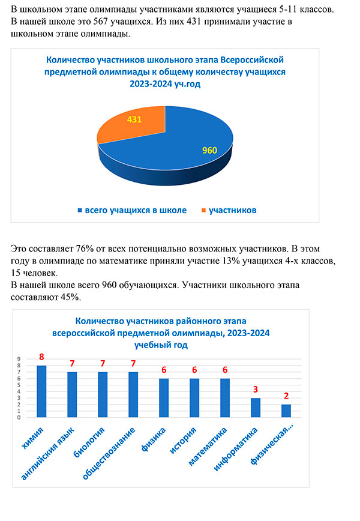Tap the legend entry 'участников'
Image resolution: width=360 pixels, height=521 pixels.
click(229, 210)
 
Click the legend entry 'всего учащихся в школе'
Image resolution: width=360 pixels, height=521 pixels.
click(132, 210)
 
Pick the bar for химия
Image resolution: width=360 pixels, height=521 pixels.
click(41, 391)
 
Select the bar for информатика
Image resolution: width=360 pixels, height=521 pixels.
click(256, 408)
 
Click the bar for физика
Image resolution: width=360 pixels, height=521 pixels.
click(164, 398)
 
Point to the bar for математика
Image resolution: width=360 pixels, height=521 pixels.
click(225, 398)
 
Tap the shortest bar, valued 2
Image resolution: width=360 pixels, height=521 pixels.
click(286, 411)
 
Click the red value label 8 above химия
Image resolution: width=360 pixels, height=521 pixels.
click(41, 357)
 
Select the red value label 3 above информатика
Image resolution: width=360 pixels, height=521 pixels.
click(256, 390)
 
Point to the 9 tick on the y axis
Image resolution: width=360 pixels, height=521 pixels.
click(19, 359)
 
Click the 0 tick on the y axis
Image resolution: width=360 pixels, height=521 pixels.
click(19, 418)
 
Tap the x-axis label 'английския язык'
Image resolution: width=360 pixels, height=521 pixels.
click(48, 454)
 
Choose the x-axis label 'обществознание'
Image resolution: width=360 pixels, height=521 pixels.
click(109, 454)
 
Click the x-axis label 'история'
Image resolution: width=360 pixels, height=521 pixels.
click(183, 441)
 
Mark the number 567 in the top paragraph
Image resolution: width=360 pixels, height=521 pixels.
click(101, 22)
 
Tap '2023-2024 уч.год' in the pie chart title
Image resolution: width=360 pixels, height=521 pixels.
click(165, 84)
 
